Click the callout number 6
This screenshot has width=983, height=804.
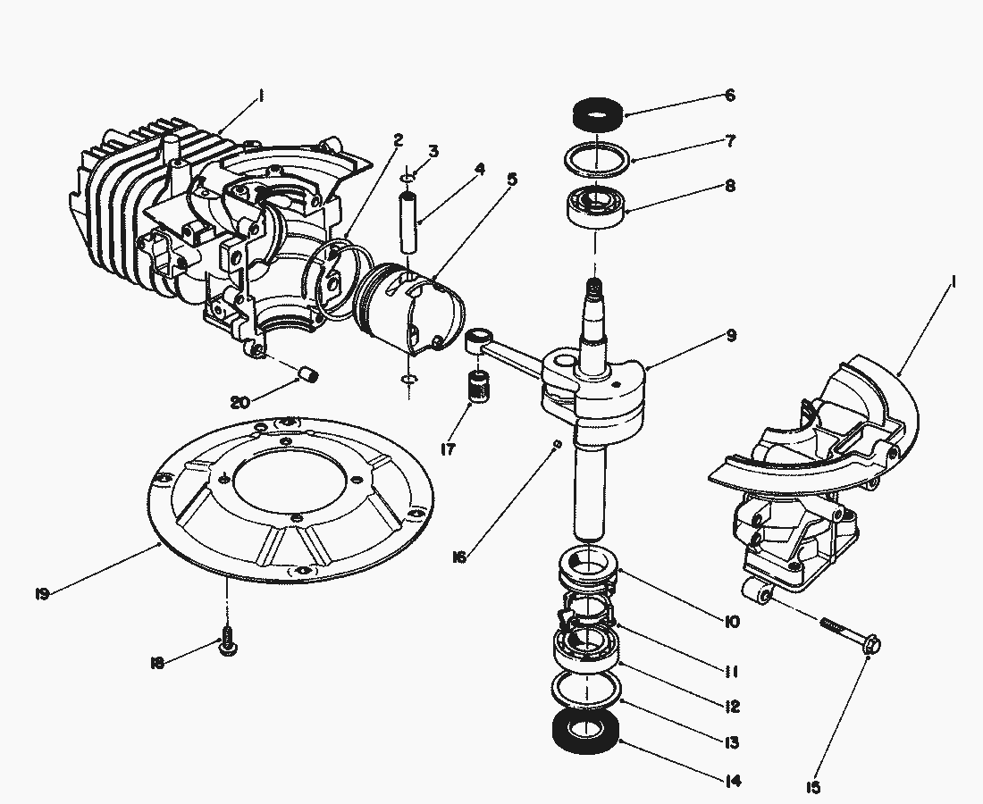pos(729,96)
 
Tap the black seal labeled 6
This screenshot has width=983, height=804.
pos(598,113)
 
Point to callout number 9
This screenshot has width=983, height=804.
pos(731,336)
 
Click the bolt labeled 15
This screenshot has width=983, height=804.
pos(849,632)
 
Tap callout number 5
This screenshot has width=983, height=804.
pos(511,179)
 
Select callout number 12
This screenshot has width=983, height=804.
pos(732,706)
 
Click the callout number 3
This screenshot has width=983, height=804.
pos(433,151)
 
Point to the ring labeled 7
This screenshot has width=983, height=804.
pos(597,159)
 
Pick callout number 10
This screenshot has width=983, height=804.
pos(732,621)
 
